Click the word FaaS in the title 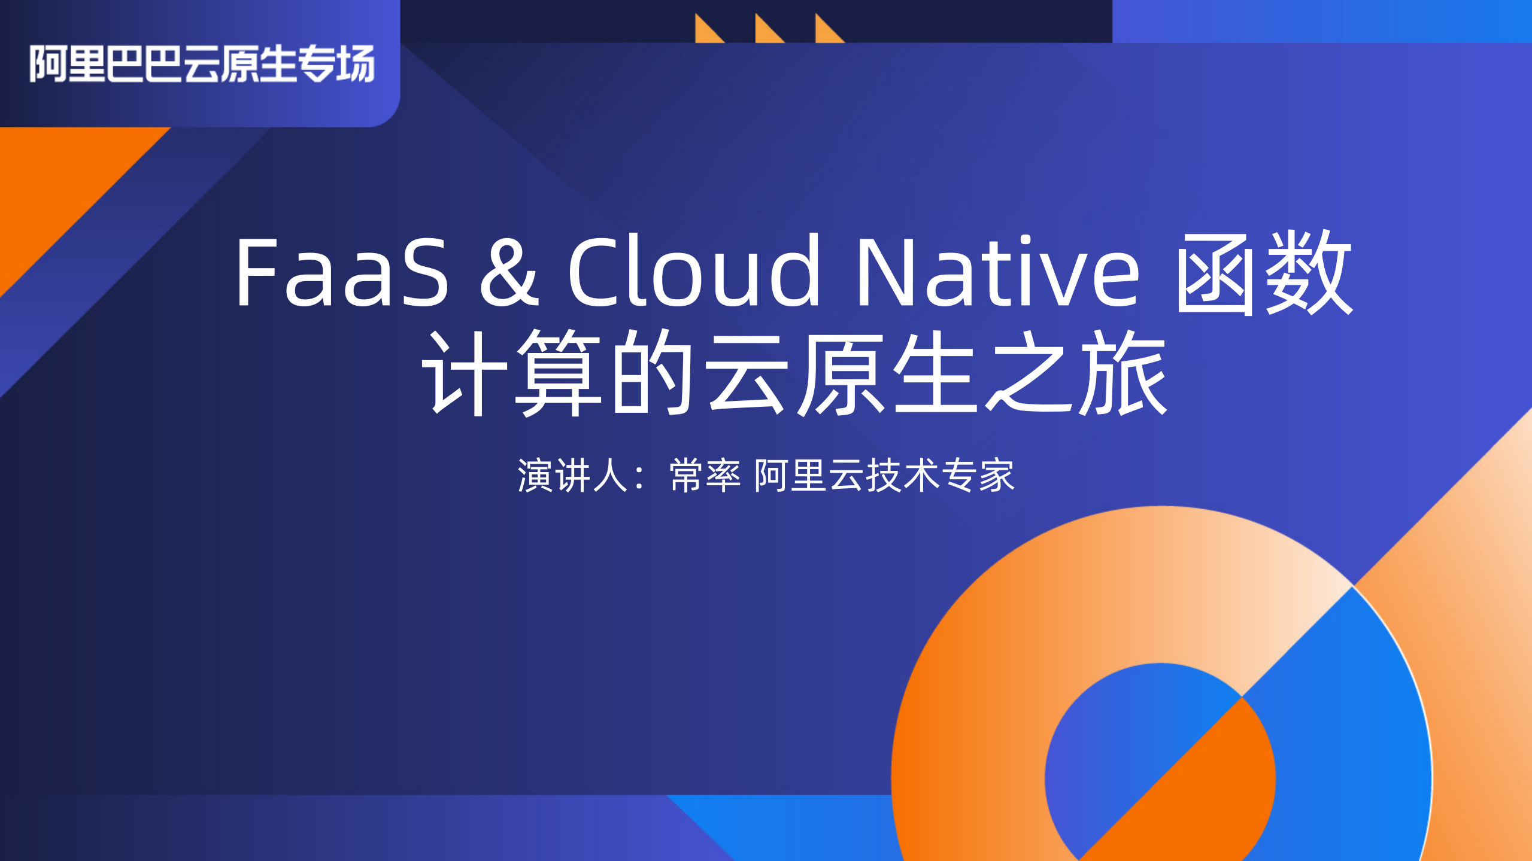pos(341,272)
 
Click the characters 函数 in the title pos(1263,272)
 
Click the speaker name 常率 pos(705,476)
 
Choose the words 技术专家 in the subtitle pos(940,476)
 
